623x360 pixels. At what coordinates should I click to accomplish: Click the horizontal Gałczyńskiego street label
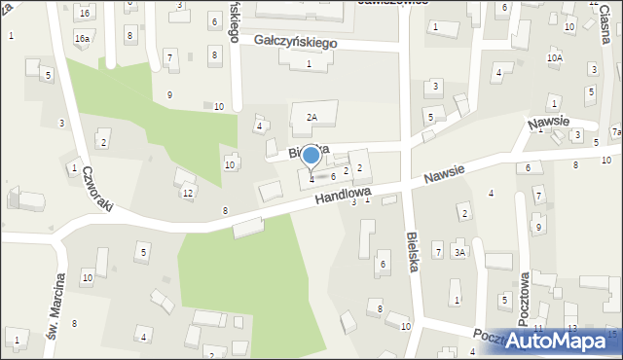coord(295,43)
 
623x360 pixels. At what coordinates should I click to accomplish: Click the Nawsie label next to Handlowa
coord(444,175)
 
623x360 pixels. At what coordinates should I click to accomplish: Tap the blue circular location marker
coord(311,156)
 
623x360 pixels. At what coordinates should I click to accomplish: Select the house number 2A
coord(311,117)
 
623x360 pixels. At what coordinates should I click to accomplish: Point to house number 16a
coord(82,38)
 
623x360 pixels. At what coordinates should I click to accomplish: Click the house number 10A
coord(554,58)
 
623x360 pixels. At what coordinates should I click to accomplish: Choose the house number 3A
coord(460,252)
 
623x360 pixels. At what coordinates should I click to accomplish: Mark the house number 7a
coord(616,132)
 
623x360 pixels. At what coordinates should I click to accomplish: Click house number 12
coord(188,193)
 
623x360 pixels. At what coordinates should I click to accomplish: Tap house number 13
coord(571,329)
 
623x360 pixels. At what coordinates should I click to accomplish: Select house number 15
coord(611,334)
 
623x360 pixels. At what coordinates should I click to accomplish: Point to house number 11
coord(537,331)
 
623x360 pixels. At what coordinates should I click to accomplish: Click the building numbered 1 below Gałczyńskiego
coord(309,63)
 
